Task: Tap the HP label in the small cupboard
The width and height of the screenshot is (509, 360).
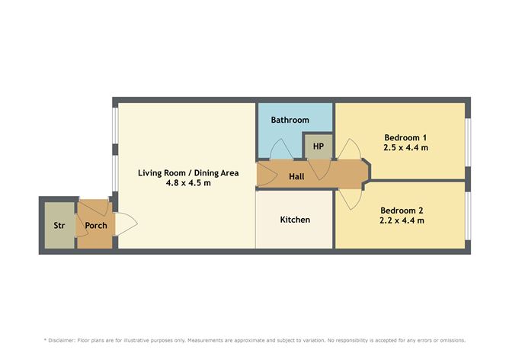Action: click(x=318, y=146)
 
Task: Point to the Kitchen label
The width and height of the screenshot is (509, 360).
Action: click(x=295, y=220)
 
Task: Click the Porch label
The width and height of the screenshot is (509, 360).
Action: click(x=95, y=226)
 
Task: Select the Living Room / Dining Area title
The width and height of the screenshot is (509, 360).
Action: click(x=188, y=173)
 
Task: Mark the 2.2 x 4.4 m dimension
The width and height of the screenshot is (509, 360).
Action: click(x=402, y=220)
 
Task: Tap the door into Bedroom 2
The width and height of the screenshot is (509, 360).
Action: click(x=349, y=199)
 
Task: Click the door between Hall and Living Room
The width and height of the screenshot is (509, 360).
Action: click(x=264, y=174)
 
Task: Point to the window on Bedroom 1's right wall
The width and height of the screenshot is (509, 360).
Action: click(x=467, y=141)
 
